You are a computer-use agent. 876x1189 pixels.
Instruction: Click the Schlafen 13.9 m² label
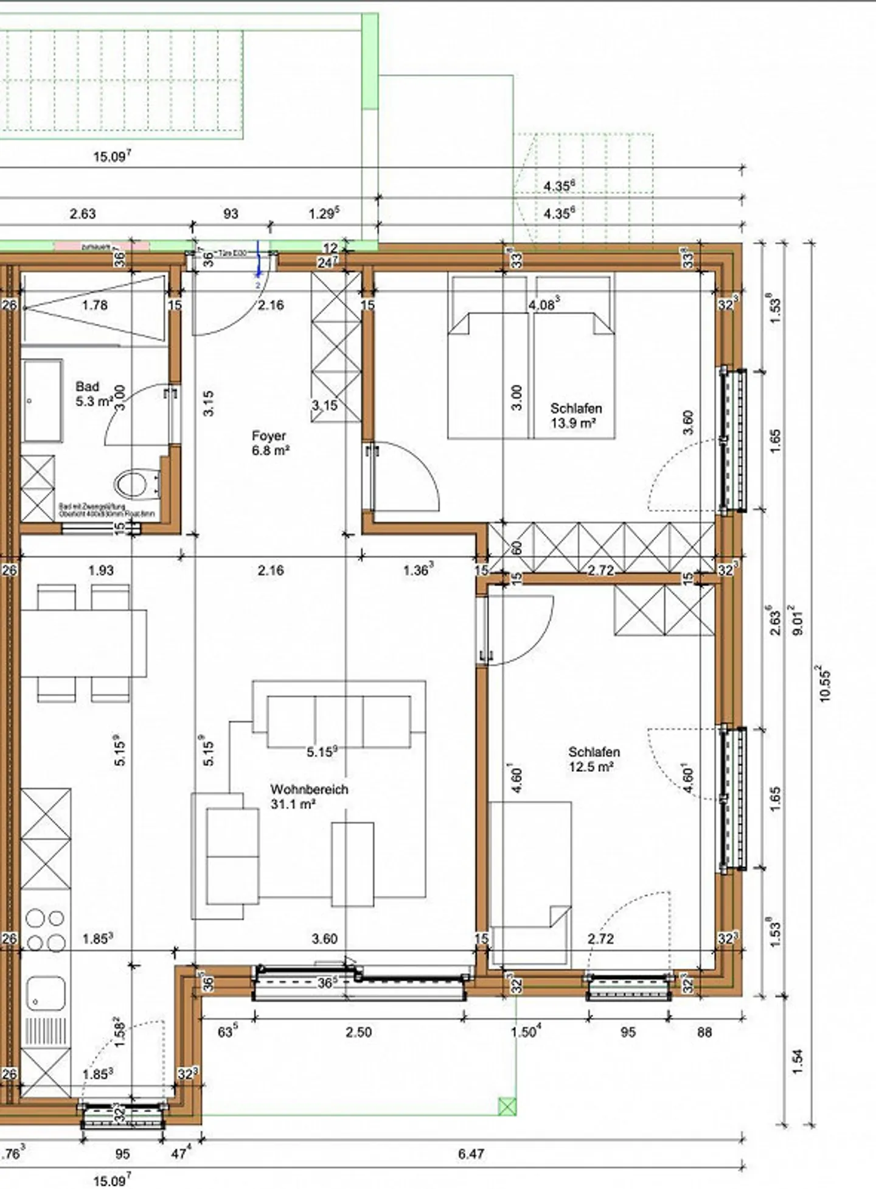click(x=575, y=415)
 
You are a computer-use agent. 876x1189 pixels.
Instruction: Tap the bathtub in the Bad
click(x=43, y=400)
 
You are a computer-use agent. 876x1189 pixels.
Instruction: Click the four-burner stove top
click(x=46, y=930)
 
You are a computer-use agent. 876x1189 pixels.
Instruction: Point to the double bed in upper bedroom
click(x=530, y=365)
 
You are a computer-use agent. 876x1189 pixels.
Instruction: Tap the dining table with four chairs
click(x=83, y=642)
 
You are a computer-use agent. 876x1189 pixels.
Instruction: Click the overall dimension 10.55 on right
click(x=825, y=684)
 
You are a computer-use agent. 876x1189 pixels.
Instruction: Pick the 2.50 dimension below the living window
click(x=358, y=1032)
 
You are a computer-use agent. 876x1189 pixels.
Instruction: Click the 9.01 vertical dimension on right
click(x=798, y=620)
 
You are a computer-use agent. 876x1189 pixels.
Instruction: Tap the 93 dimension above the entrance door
click(x=231, y=214)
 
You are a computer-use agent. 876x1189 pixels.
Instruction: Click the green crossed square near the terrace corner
click(x=507, y=1106)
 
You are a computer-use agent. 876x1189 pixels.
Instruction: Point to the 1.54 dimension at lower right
click(x=798, y=1061)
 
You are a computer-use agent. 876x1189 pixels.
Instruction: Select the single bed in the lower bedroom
click(x=530, y=883)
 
